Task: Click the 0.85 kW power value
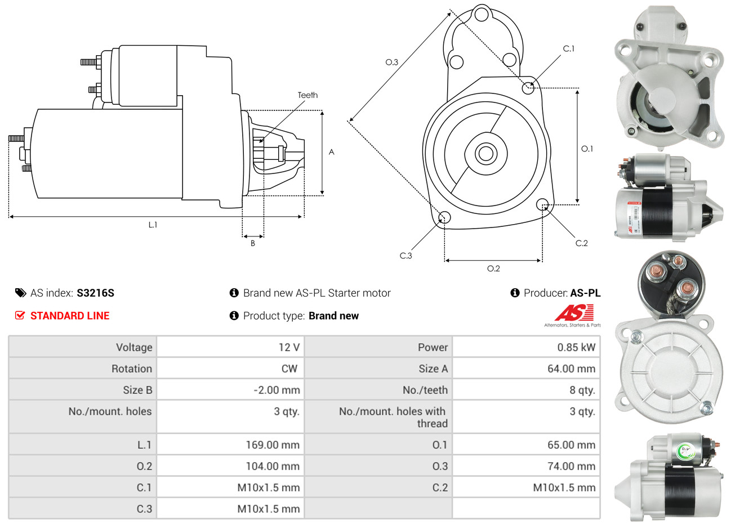(576, 347)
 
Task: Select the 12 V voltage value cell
(289, 347)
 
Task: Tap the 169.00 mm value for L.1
(273, 445)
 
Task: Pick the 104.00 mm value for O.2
(273, 466)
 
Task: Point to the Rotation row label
(132, 369)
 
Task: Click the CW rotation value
(289, 369)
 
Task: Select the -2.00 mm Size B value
(277, 390)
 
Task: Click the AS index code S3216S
(95, 293)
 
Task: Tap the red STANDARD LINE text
(70, 316)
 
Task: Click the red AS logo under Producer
(574, 313)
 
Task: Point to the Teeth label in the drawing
(307, 95)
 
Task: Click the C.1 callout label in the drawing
(569, 49)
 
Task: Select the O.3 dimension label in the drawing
(391, 62)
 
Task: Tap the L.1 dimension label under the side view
(153, 225)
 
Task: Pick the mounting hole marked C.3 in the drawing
(444, 218)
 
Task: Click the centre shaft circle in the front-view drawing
(484, 153)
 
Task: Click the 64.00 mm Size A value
(571, 369)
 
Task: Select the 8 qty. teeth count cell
(582, 390)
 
